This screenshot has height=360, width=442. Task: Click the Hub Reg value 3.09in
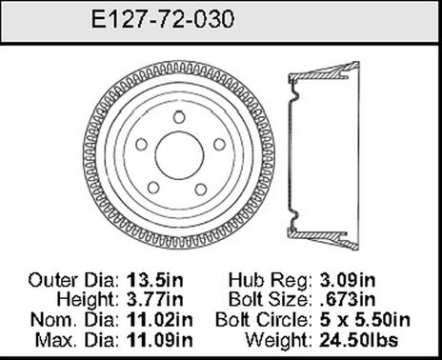coord(348,282)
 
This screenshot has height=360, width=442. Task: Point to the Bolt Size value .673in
coord(348,300)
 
